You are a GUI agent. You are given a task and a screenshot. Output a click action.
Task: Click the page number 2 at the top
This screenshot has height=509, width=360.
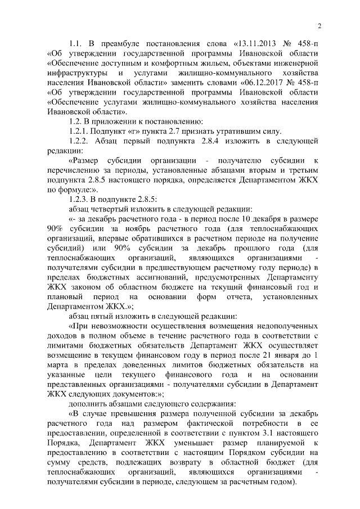point(319,25)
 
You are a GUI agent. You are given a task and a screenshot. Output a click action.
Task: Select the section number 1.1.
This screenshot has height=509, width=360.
point(76,43)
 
